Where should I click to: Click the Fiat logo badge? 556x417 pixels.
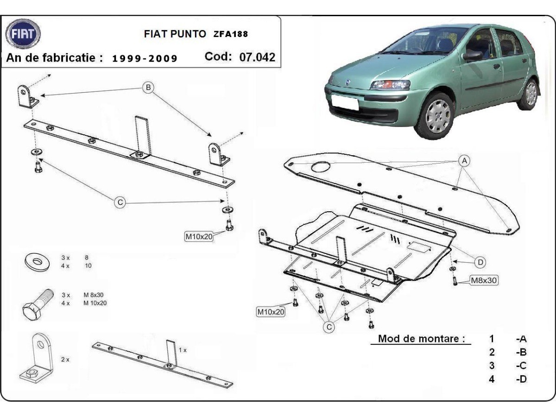[x=23, y=34]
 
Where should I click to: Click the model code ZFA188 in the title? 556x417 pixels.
[x=230, y=34]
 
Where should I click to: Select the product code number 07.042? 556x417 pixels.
[x=257, y=57]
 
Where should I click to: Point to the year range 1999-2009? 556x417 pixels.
[x=145, y=58]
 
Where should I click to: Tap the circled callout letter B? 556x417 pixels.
[x=148, y=87]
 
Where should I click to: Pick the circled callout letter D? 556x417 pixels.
[x=481, y=262]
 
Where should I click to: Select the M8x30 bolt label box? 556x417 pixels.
[x=484, y=280]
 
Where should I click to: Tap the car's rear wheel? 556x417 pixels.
[x=530, y=94]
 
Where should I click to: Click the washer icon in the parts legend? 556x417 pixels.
[x=38, y=261]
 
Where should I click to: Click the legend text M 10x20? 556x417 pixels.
[x=95, y=303]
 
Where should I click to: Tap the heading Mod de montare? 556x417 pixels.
[x=421, y=338]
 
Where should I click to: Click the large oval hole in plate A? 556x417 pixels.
[x=321, y=167]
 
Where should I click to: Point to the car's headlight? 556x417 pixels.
[x=390, y=85]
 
